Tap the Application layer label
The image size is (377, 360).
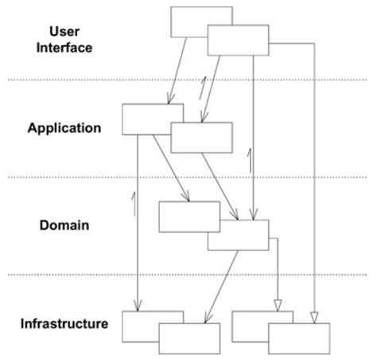pyautogui.click(x=64, y=128)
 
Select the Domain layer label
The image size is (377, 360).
pyautogui.click(x=64, y=226)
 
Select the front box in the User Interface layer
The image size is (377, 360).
pyautogui.click(x=238, y=40)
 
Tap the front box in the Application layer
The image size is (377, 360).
pyautogui.click(x=202, y=137)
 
